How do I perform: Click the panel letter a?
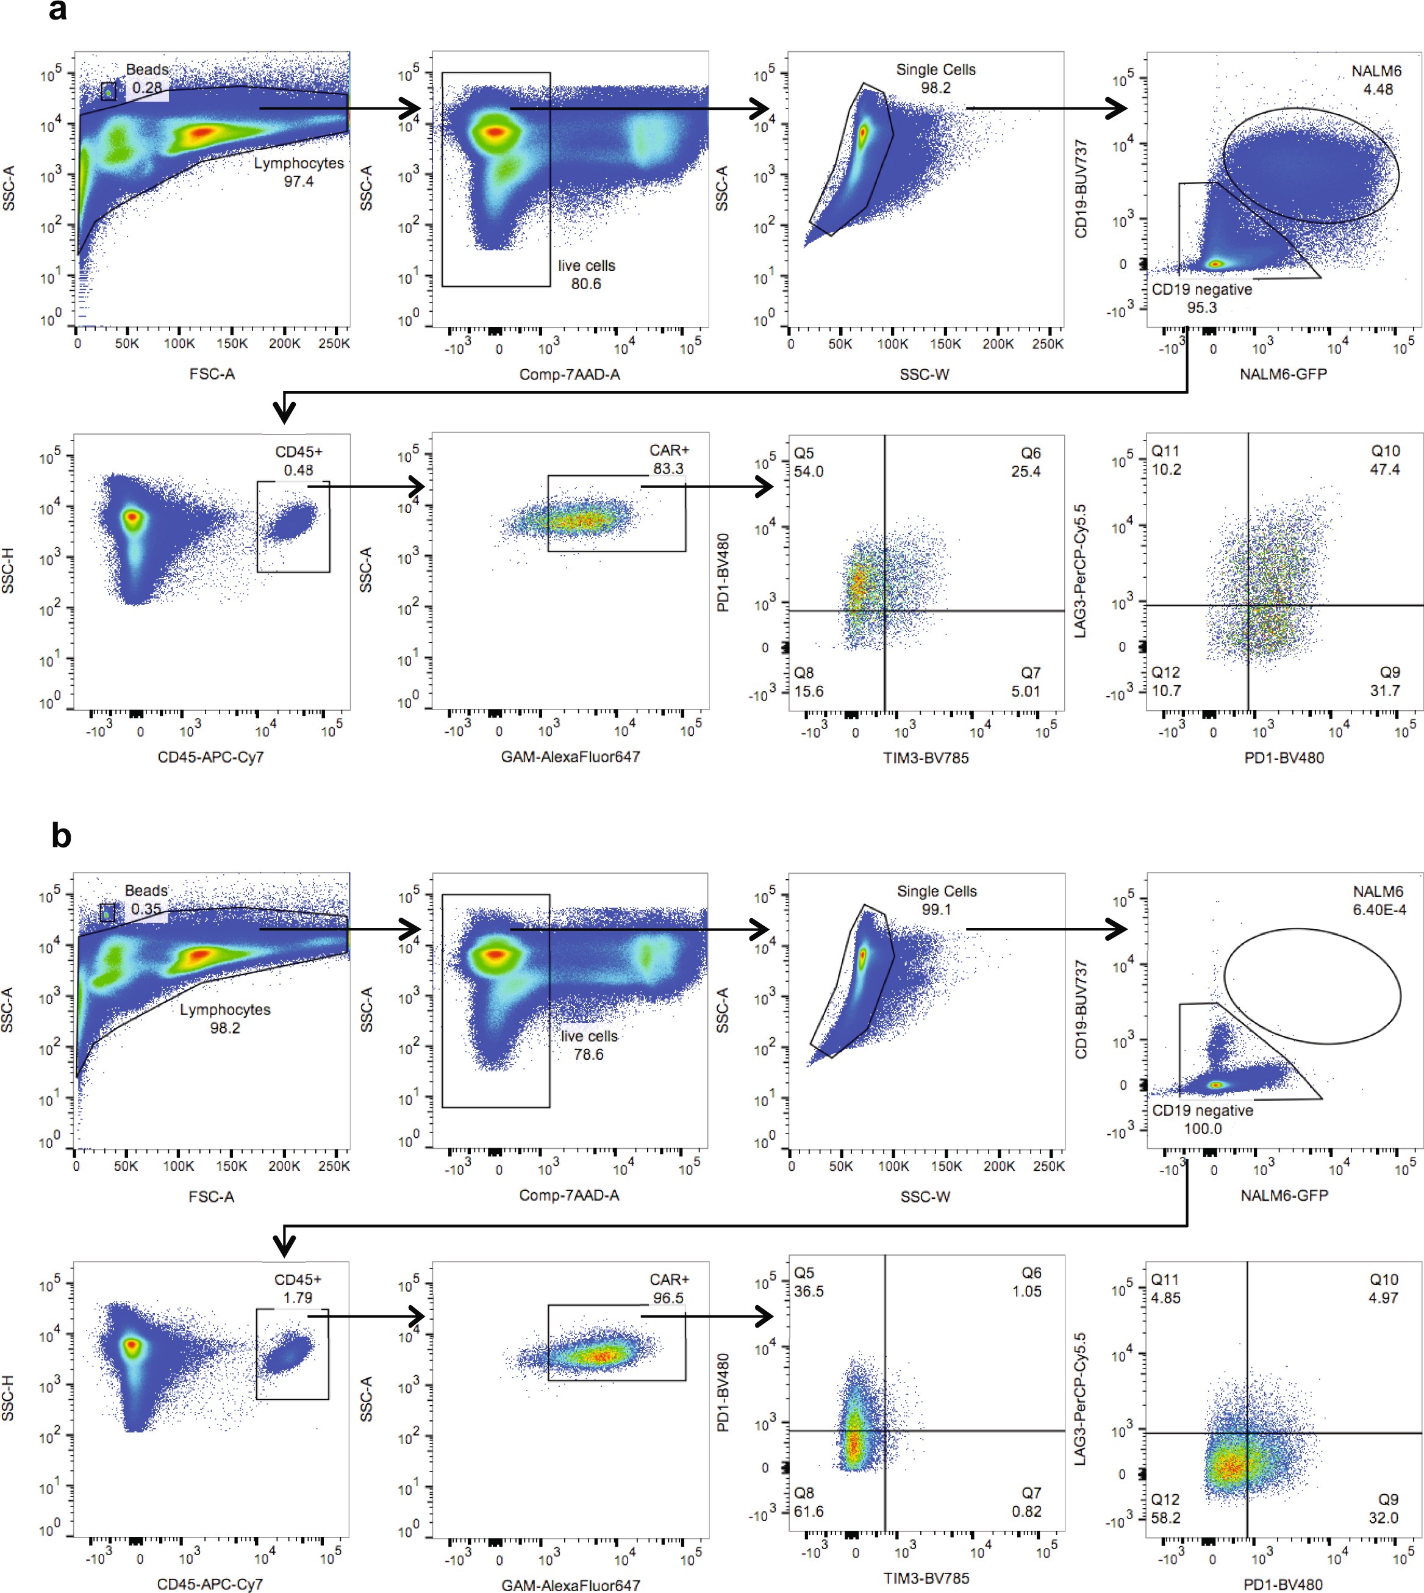pyautogui.click(x=57, y=11)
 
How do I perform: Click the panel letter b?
pyautogui.click(x=61, y=836)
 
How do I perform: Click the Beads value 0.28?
pyautogui.click(x=147, y=88)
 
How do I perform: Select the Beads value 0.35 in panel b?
pyautogui.click(x=146, y=909)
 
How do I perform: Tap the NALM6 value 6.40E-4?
pyautogui.click(x=1379, y=910)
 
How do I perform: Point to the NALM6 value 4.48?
pyautogui.click(x=1378, y=89)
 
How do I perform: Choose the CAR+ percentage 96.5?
pyautogui.click(x=668, y=1298)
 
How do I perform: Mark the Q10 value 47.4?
pyautogui.click(x=1384, y=470)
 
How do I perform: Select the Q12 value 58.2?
pyautogui.click(x=1166, y=1518)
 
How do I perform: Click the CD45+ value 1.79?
pyautogui.click(x=298, y=1298)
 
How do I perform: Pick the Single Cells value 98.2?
pyautogui.click(x=936, y=88)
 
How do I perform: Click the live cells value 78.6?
pyautogui.click(x=589, y=1054)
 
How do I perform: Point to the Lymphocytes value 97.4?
pyautogui.click(x=298, y=182)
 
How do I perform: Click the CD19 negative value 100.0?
pyautogui.click(x=1203, y=1129)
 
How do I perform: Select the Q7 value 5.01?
pyautogui.click(x=1025, y=691)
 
